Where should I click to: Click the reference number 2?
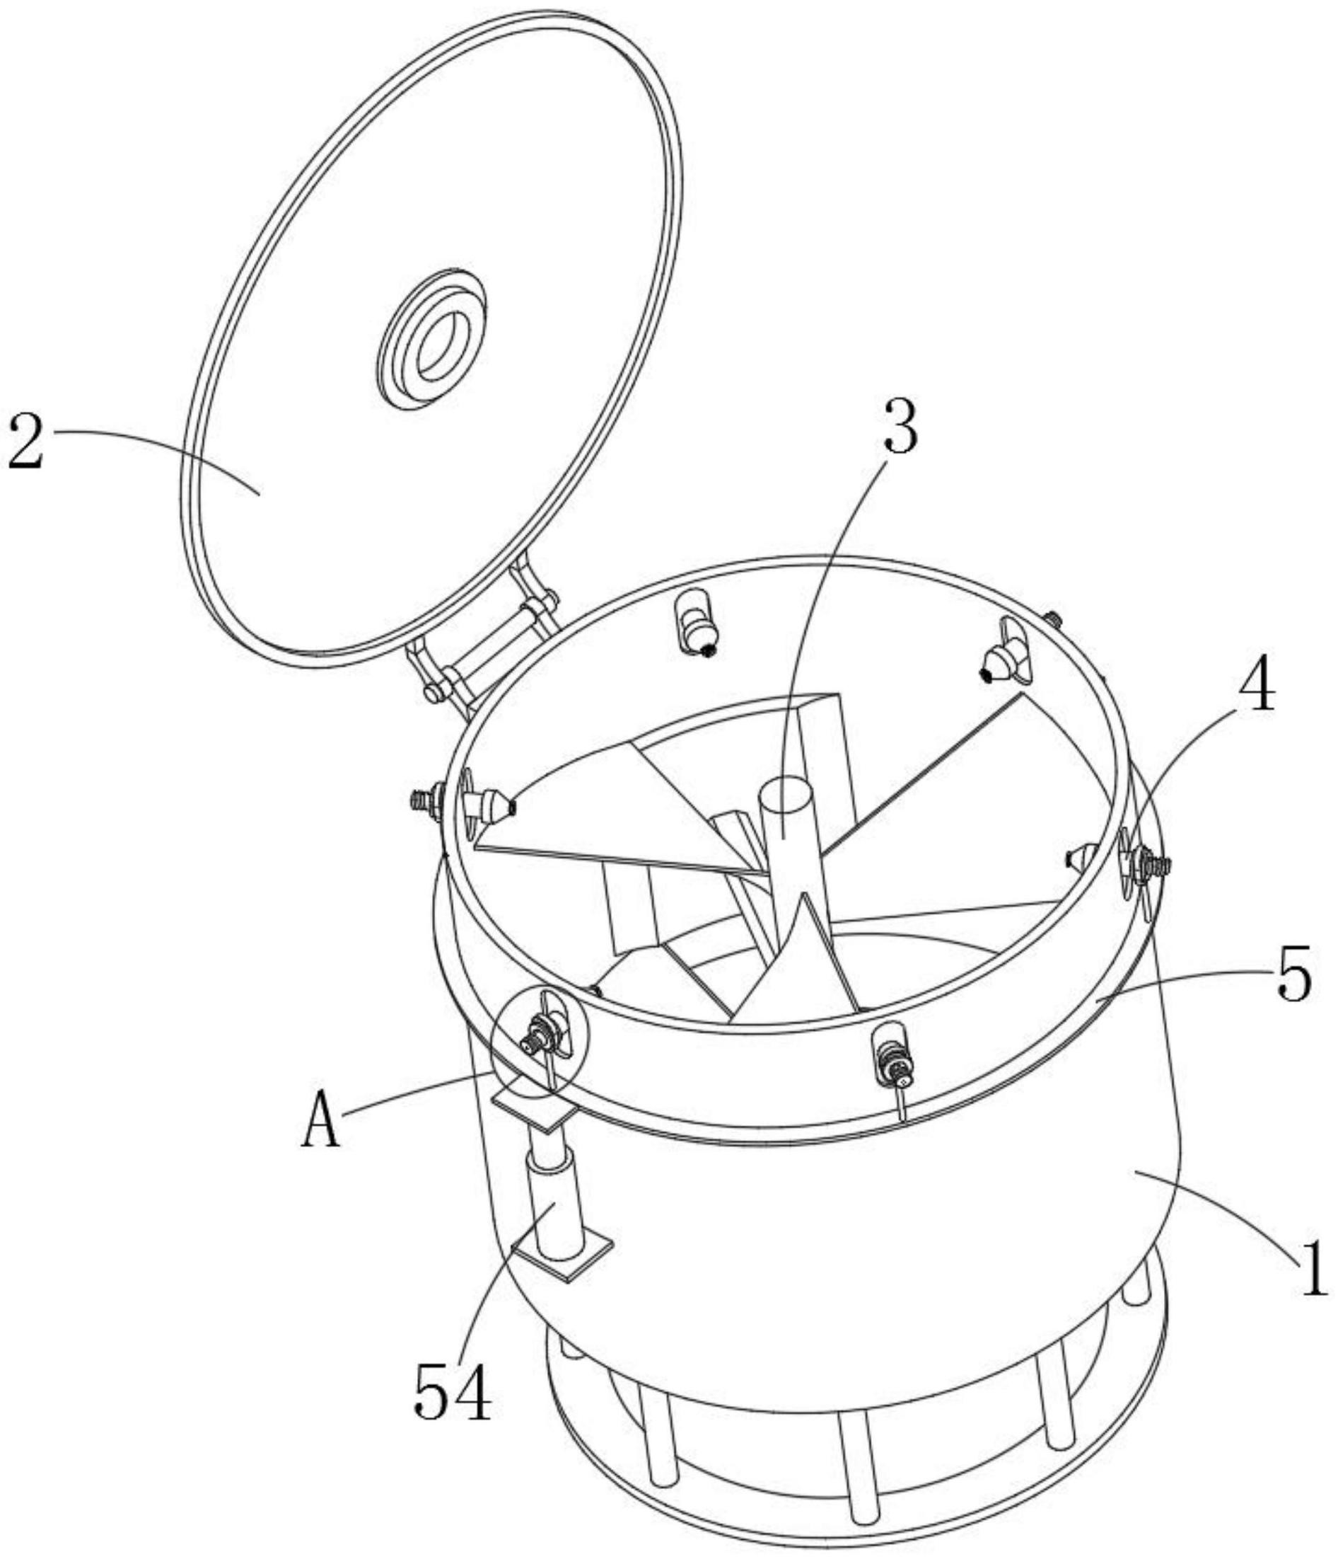[28, 442]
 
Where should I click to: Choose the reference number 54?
[452, 1391]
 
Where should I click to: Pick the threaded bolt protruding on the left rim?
[426, 798]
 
